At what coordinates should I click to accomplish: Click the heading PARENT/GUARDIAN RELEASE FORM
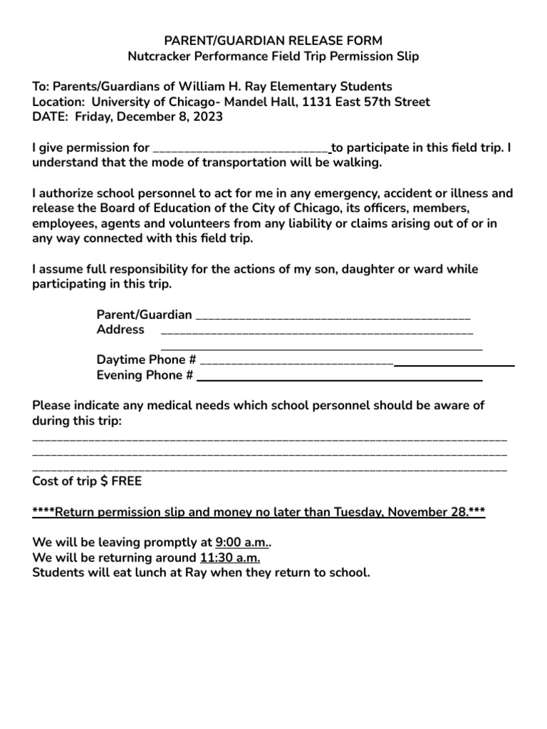(273, 41)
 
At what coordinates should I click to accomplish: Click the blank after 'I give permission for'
(241, 149)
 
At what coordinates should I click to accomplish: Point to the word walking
(353, 163)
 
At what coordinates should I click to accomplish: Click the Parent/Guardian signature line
(332, 315)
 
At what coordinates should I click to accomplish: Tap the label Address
(120, 330)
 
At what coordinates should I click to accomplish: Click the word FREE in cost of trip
(127, 481)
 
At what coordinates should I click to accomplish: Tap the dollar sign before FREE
(104, 481)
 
